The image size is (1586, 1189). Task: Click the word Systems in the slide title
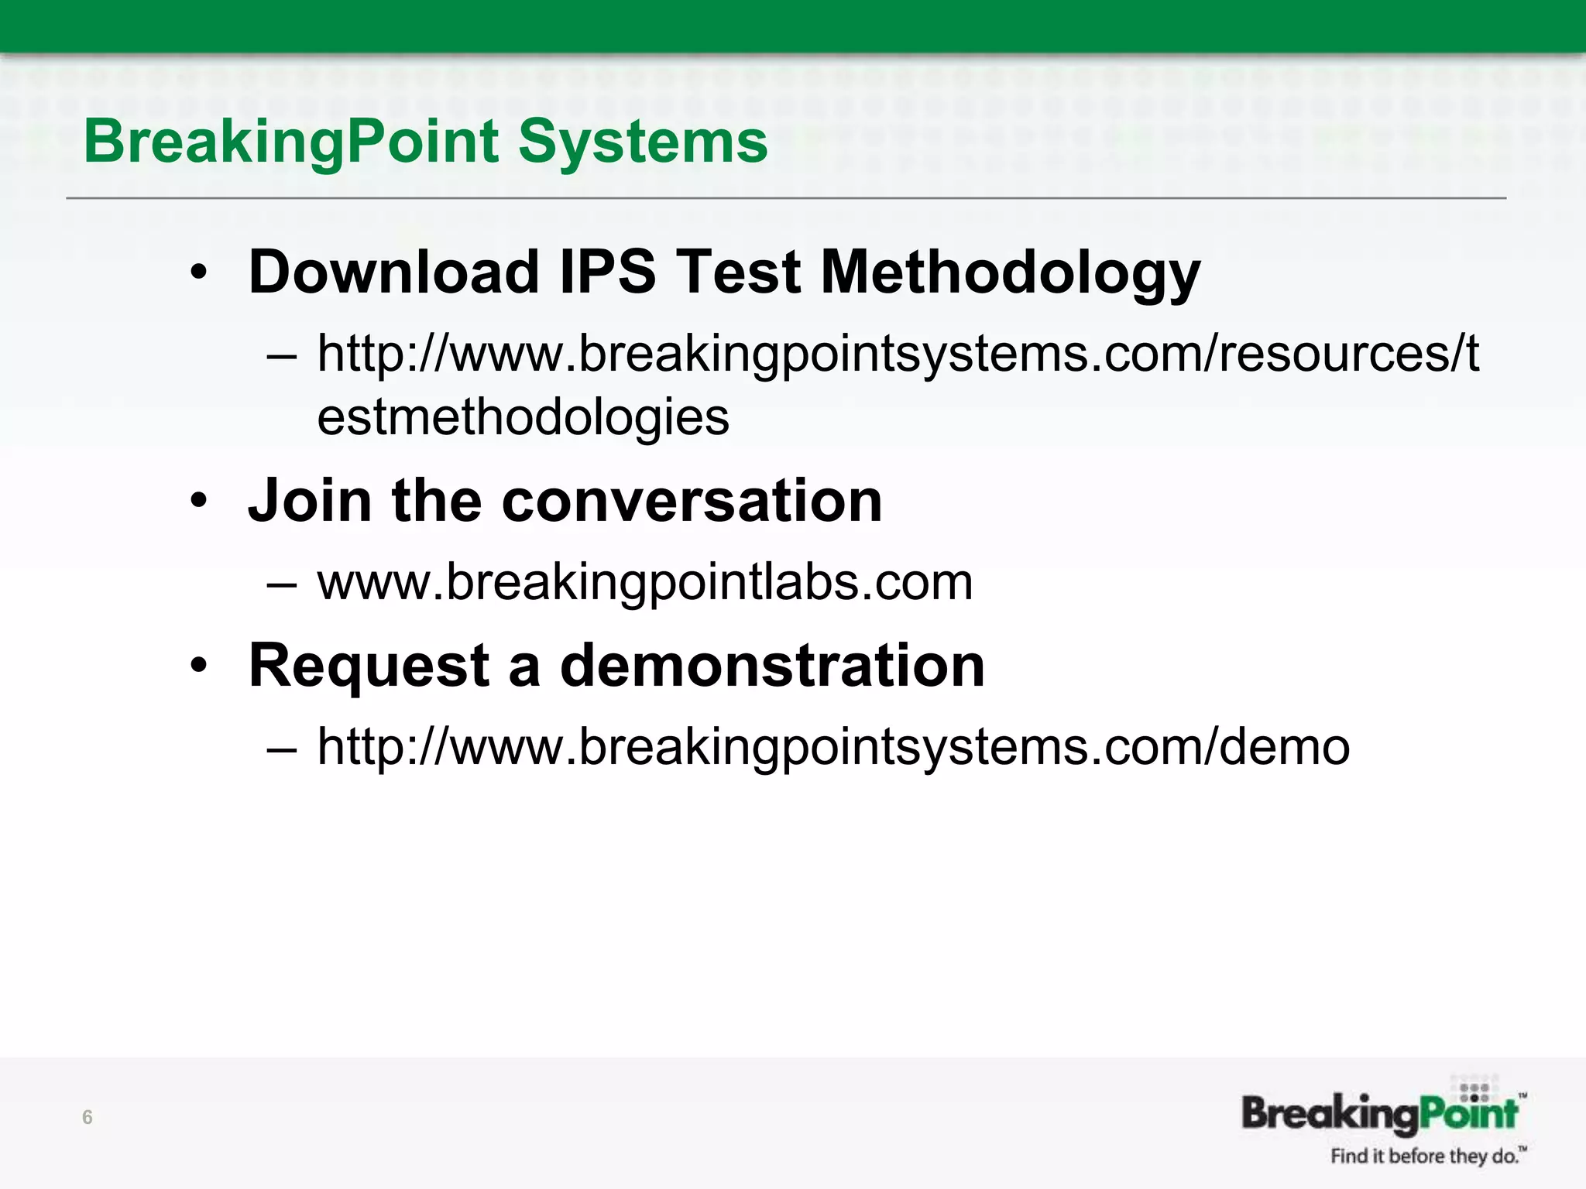(643, 143)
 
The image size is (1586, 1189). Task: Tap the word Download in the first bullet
(393, 272)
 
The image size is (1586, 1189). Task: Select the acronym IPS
(607, 272)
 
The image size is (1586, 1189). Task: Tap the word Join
(310, 502)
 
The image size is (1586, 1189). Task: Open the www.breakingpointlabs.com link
(644, 582)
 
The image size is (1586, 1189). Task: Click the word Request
(369, 666)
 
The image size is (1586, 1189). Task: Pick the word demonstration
(771, 666)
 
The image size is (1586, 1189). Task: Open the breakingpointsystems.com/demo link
(833, 747)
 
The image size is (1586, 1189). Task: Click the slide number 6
(88, 1117)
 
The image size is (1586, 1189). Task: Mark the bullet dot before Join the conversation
(199, 502)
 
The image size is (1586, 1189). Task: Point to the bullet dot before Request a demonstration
(199, 666)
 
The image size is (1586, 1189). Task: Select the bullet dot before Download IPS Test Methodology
(199, 273)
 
